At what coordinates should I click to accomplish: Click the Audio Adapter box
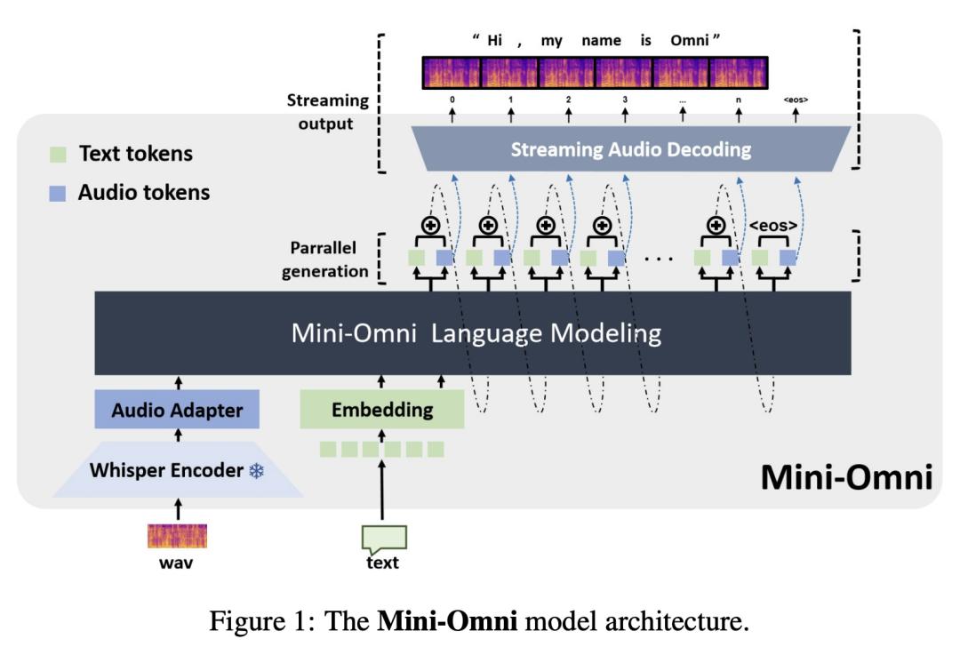click(x=178, y=411)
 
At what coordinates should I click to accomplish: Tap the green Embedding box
click(x=382, y=410)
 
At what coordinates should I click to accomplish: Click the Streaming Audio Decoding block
click(x=630, y=149)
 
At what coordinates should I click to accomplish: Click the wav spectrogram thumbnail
click(x=177, y=536)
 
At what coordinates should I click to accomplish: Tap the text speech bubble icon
click(x=384, y=537)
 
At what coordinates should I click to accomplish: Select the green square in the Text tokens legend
click(x=58, y=154)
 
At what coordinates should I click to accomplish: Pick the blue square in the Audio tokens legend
click(x=58, y=193)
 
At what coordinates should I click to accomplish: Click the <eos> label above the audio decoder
click(x=796, y=100)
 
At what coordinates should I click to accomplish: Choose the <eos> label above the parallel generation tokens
click(x=774, y=225)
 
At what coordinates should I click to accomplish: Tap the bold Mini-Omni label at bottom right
click(x=845, y=479)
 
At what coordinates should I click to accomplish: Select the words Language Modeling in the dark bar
click(x=550, y=333)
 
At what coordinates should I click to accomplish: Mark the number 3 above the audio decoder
click(x=625, y=100)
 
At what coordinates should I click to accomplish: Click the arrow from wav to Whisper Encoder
click(x=178, y=509)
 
